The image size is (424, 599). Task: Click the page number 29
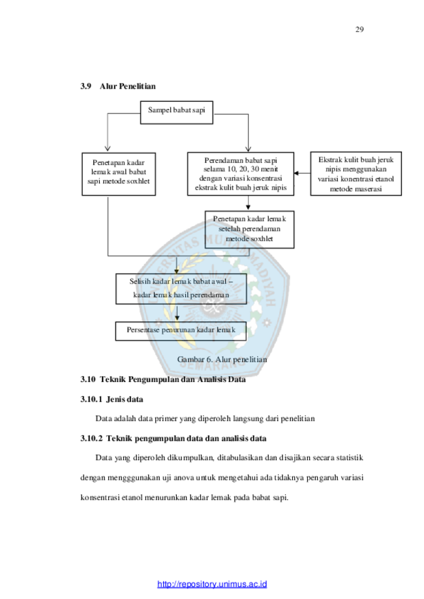coord(359,29)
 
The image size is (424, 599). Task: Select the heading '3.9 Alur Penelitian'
coord(118,86)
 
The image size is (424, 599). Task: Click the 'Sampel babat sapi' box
coord(177,112)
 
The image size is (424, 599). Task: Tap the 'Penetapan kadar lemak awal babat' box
coord(119,174)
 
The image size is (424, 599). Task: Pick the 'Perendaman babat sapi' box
coord(241,174)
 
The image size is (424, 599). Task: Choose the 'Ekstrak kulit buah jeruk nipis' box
coord(356,174)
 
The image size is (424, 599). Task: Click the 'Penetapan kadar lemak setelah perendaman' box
coord(250,229)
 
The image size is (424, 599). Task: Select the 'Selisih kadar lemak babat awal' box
coord(181,289)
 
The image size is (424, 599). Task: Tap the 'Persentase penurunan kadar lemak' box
coord(181,331)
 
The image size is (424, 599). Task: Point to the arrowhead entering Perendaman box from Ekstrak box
coord(296,173)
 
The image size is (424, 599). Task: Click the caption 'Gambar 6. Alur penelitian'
coord(222,360)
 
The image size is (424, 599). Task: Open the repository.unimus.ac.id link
coord(212,584)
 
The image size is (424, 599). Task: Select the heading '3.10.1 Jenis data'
coord(112,399)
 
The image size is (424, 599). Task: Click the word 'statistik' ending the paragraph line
coord(350,458)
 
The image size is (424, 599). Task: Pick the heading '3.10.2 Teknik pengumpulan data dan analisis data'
coord(174,439)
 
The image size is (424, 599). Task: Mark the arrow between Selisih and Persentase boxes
coord(177,313)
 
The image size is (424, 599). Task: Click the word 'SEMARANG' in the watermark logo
coord(213,365)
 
